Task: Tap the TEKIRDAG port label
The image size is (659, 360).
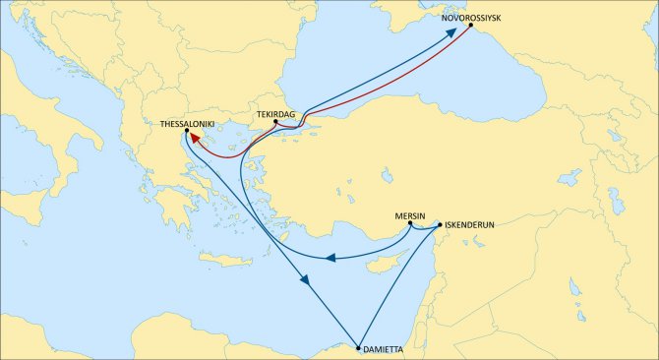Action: pyautogui.click(x=276, y=114)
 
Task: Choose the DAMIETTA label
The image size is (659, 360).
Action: pyautogui.click(x=383, y=350)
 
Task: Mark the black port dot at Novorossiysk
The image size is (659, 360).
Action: pyautogui.click(x=470, y=25)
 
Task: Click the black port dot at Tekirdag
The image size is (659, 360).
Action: pyautogui.click(x=275, y=122)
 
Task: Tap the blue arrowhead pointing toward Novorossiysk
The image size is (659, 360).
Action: pyautogui.click(x=450, y=32)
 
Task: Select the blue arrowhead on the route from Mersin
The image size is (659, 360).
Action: pyautogui.click(x=331, y=259)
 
